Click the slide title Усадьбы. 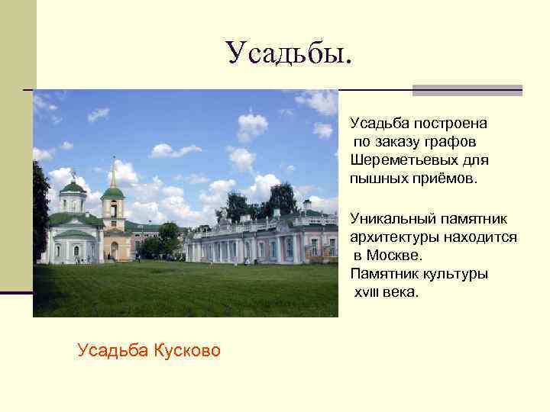pos(290,53)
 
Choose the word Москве pos(394,256)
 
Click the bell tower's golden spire pos(113,172)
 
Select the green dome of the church pos(73,187)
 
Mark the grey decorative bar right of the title pos(467,90)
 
